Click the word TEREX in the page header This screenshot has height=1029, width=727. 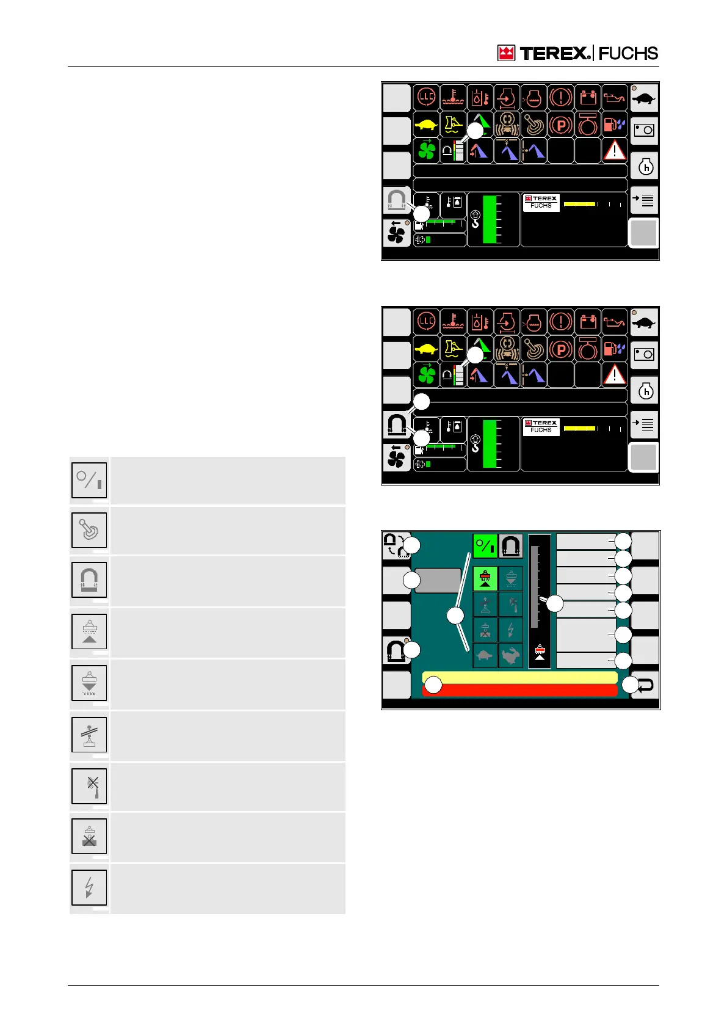point(555,54)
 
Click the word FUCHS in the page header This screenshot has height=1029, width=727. point(628,54)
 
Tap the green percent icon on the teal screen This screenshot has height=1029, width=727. point(485,546)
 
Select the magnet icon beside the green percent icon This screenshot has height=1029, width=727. point(510,546)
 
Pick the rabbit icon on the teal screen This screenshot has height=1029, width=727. point(511,656)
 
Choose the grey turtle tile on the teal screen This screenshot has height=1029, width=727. point(485,656)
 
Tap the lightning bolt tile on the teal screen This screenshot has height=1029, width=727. point(511,630)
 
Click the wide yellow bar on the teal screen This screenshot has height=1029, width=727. point(519,677)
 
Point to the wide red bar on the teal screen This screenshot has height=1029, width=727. point(519,690)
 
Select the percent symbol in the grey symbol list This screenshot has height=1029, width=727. point(89,480)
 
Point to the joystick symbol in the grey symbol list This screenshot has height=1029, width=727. point(89,530)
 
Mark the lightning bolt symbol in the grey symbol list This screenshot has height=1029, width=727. point(89,887)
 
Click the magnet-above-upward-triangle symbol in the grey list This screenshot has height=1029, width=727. point(89,631)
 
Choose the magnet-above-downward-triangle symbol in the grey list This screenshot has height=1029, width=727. point(89,683)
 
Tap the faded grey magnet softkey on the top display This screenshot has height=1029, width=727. point(396,200)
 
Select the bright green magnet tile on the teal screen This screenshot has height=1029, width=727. point(485,578)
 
